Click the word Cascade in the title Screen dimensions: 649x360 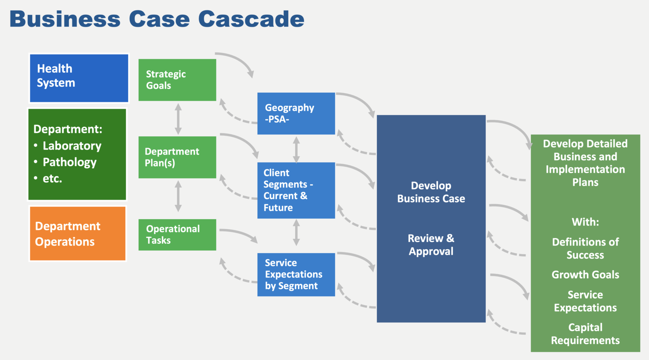251,19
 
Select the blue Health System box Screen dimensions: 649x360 79,78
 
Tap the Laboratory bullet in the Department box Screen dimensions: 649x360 72,146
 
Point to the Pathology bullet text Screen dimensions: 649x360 69,162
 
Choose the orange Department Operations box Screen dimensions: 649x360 78,234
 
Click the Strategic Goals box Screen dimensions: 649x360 178,80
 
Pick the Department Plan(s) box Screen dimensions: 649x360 178,157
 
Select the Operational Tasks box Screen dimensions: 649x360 178,234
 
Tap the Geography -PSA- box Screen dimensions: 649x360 296,113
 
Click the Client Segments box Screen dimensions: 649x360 296,190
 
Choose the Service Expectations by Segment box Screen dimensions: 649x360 296,275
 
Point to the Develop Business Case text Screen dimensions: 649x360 431,192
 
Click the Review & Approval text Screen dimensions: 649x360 431,245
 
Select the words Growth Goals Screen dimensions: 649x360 585,275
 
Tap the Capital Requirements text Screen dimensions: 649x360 585,334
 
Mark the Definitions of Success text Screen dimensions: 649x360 585,248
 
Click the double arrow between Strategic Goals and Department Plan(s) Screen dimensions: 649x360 178,119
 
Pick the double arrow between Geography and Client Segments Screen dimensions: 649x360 296,149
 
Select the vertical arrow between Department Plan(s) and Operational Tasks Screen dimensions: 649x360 178,196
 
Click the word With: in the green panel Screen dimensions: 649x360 585,222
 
